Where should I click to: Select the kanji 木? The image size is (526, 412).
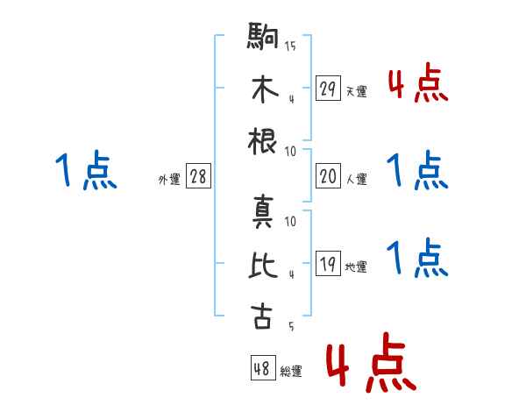pyautogui.click(x=262, y=90)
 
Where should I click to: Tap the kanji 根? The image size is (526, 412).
pyautogui.click(x=262, y=140)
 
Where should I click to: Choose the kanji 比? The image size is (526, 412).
pyautogui.click(x=262, y=266)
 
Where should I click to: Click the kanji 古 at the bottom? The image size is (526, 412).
pyautogui.click(x=262, y=315)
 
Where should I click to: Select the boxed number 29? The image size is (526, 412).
pyautogui.click(x=327, y=89)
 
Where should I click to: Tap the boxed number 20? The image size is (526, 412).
pyautogui.click(x=327, y=176)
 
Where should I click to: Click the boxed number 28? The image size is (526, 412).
pyautogui.click(x=198, y=176)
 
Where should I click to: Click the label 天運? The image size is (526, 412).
pyautogui.click(x=356, y=91)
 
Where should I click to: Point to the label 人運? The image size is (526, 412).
pyautogui.click(x=356, y=179)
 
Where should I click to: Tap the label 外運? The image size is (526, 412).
pyautogui.click(x=168, y=179)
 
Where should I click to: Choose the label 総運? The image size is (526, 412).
pyautogui.click(x=291, y=371)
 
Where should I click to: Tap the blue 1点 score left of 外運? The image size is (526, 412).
pyautogui.click(x=85, y=171)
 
